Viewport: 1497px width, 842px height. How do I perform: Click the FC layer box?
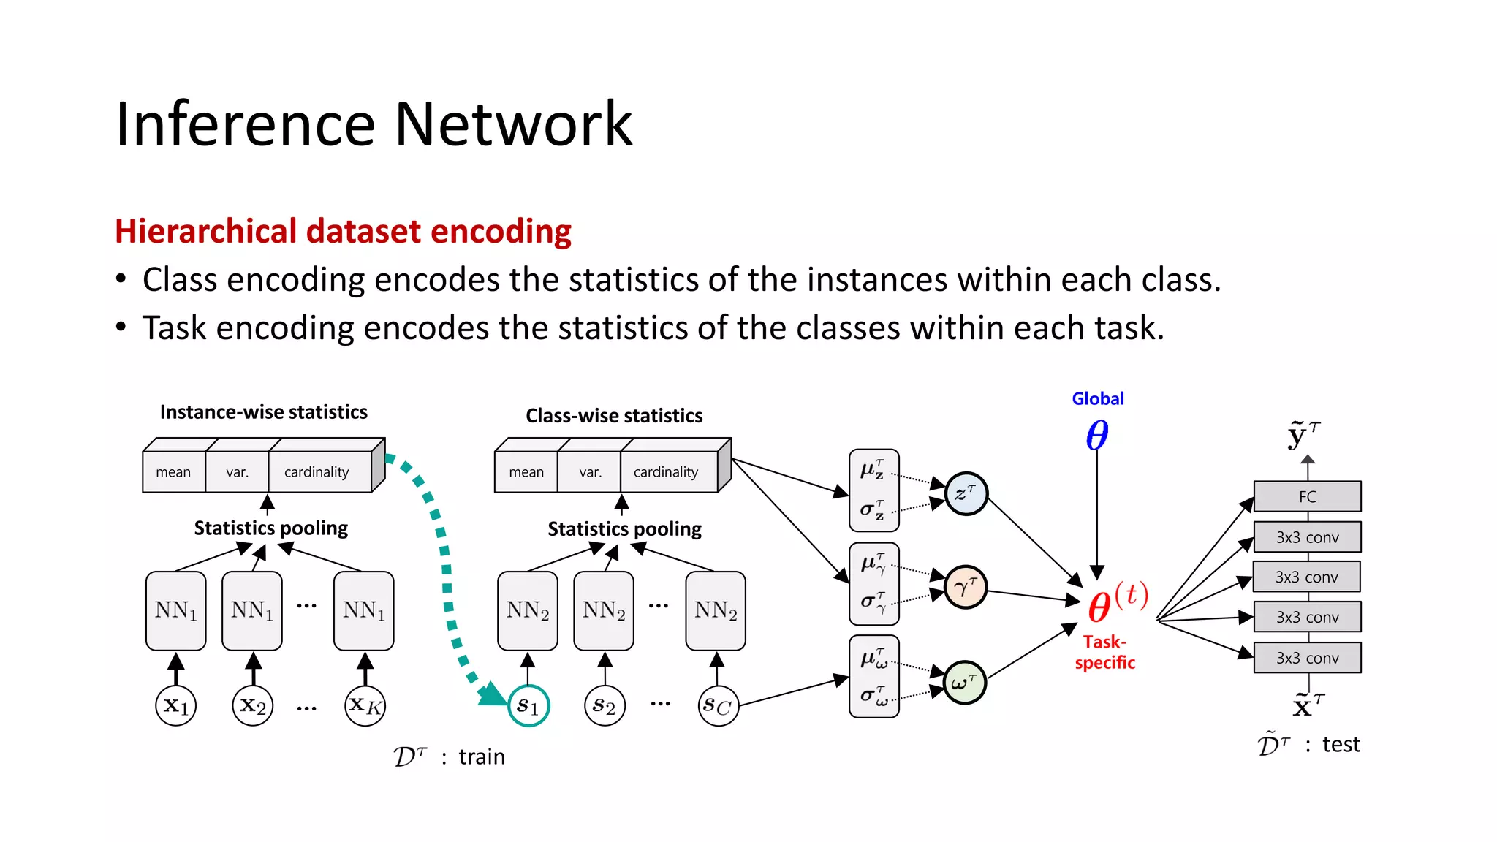pos(1307,496)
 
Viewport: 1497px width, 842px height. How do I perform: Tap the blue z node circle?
pos(966,493)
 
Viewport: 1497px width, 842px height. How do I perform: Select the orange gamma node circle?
pos(966,587)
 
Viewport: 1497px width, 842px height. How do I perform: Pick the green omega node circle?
pos(964,683)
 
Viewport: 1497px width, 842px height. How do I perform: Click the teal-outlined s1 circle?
pos(528,705)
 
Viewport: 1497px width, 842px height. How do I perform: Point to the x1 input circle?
pos(176,705)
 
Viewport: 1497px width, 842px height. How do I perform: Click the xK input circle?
pos(365,705)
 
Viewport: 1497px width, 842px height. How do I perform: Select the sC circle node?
pos(718,705)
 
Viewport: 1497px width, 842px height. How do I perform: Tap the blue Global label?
pos(1097,398)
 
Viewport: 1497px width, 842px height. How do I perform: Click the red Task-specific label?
pos(1104,652)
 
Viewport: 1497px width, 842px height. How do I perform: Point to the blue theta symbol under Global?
pos(1096,436)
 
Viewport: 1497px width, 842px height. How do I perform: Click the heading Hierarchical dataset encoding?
pos(343,232)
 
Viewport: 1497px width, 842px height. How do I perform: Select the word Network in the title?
pos(513,124)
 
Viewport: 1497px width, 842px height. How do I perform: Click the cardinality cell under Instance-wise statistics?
pos(317,472)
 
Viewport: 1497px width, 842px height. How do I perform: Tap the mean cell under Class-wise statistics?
pos(526,472)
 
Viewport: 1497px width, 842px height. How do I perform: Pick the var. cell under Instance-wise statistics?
pos(237,472)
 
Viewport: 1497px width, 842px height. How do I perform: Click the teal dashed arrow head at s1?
pos(491,694)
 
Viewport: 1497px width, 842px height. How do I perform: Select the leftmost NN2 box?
pos(527,611)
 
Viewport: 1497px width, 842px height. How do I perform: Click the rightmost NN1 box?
pos(363,611)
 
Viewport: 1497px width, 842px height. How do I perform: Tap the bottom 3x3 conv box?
pos(1307,658)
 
